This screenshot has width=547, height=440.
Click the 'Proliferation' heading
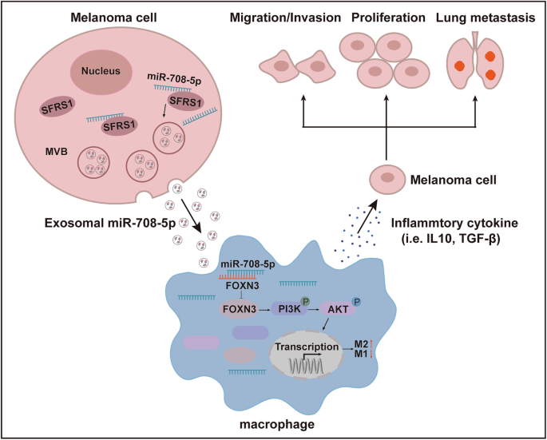point(387,18)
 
